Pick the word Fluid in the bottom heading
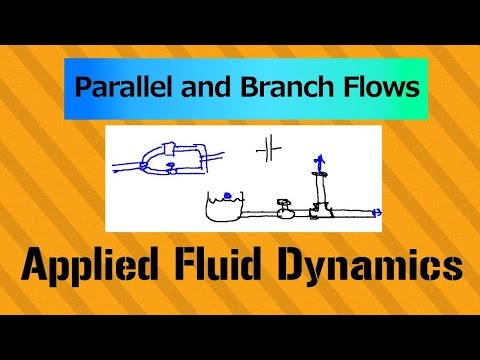pyautogui.click(x=235, y=266)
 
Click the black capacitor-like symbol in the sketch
pyautogui.click(x=268, y=150)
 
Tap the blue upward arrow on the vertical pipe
pyautogui.click(x=319, y=160)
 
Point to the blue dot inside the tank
pyautogui.click(x=228, y=195)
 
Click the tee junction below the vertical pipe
pyautogui.click(x=320, y=210)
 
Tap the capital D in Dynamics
pyautogui.click(x=320, y=266)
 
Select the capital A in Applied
pyautogui.click(x=38, y=266)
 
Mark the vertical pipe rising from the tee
pyautogui.click(x=320, y=185)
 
